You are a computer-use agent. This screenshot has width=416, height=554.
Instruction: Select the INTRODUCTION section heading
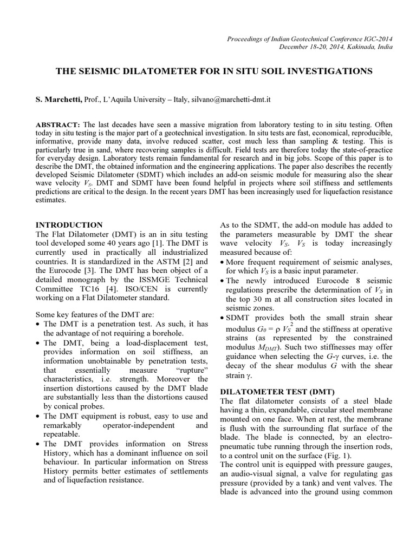[x=69, y=224]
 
